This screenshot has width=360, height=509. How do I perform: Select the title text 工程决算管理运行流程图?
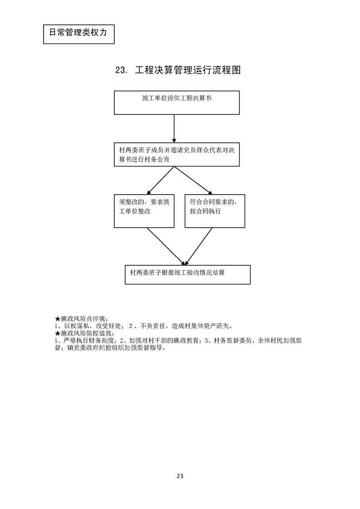(x=187, y=70)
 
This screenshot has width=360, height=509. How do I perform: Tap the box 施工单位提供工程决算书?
(x=177, y=103)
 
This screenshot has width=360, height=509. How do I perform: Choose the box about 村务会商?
(x=177, y=155)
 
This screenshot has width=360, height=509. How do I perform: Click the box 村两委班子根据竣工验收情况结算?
(x=187, y=274)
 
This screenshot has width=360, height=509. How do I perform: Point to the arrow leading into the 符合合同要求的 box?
(x=193, y=180)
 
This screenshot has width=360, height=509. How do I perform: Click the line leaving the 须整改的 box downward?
(x=166, y=246)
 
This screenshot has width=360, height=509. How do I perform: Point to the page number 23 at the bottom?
(x=180, y=476)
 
